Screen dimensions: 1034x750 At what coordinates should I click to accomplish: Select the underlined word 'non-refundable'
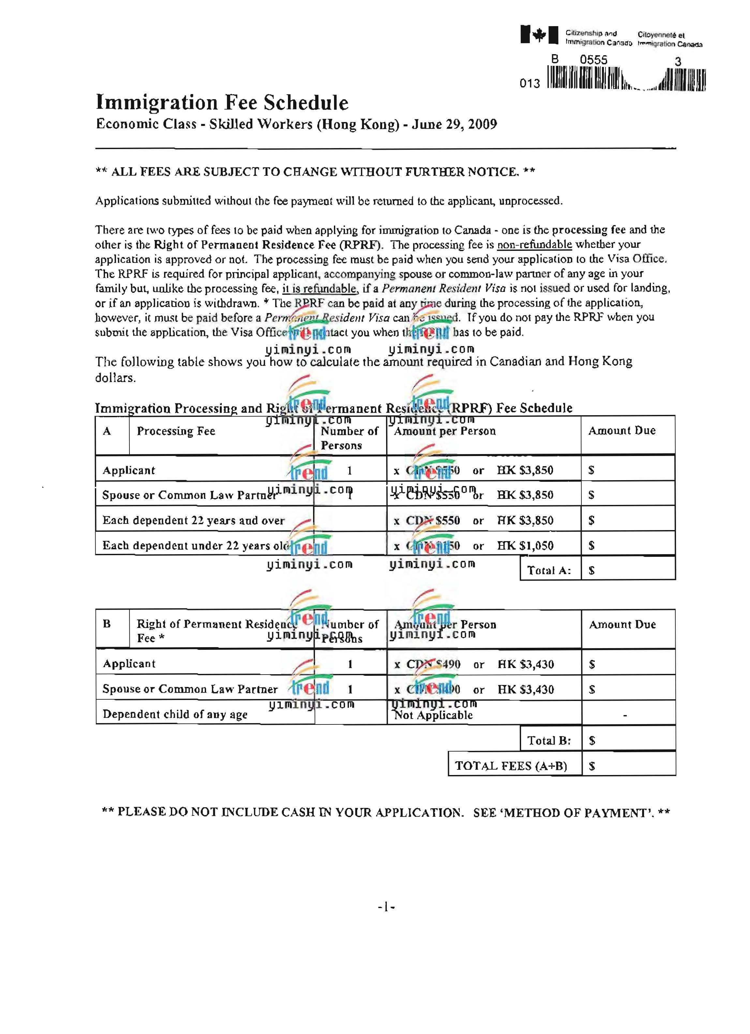pyautogui.click(x=534, y=245)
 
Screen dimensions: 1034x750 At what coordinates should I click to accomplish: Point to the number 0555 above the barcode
pyautogui.click(x=593, y=60)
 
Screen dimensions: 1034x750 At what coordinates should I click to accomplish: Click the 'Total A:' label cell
pyautogui.click(x=549, y=570)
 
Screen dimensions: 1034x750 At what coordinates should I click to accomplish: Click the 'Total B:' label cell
pyautogui.click(x=549, y=740)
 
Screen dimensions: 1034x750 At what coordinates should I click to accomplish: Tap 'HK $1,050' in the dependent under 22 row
pyautogui.click(x=525, y=546)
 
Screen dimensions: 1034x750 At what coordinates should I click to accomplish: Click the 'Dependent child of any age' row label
pyautogui.click(x=175, y=714)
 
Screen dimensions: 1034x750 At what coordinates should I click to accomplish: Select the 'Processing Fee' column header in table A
pyautogui.click(x=176, y=431)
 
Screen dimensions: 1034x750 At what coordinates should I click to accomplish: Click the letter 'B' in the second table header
pyautogui.click(x=107, y=624)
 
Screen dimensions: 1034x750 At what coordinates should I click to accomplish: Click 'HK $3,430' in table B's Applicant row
pyautogui.click(x=526, y=664)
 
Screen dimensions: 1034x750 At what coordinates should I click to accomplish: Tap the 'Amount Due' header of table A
pyautogui.click(x=622, y=431)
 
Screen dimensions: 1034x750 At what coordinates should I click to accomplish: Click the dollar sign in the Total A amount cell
pyautogui.click(x=592, y=571)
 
